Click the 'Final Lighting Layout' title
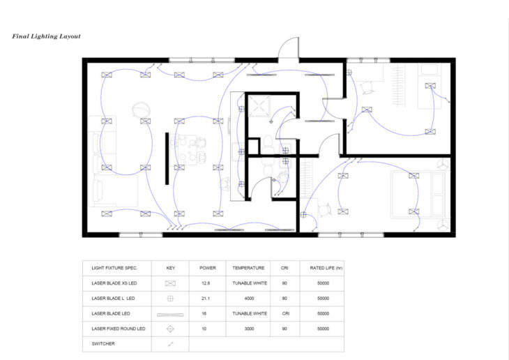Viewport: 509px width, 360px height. point(47,36)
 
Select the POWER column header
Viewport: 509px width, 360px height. point(207,268)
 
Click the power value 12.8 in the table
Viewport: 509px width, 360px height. point(206,283)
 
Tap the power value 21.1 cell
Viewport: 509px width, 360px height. point(206,299)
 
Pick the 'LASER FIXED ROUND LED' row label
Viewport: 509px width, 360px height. point(118,329)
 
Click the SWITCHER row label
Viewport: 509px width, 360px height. point(103,344)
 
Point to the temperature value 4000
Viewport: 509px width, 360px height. point(249,299)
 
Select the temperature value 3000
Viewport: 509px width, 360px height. point(249,329)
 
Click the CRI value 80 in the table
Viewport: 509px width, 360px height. point(284,299)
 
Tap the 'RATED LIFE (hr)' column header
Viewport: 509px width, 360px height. point(326,268)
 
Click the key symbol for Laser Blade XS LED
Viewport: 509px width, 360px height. point(170,283)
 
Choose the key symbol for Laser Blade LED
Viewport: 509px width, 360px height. point(170,315)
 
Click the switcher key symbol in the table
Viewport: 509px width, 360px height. point(171,344)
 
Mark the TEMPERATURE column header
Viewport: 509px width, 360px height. point(248,268)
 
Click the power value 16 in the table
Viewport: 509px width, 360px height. point(204,313)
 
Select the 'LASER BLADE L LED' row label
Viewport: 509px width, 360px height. point(113,299)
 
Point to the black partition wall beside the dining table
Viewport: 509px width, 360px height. point(167,158)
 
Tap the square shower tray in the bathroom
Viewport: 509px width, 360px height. point(259,106)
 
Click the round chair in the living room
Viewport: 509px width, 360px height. point(142,109)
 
